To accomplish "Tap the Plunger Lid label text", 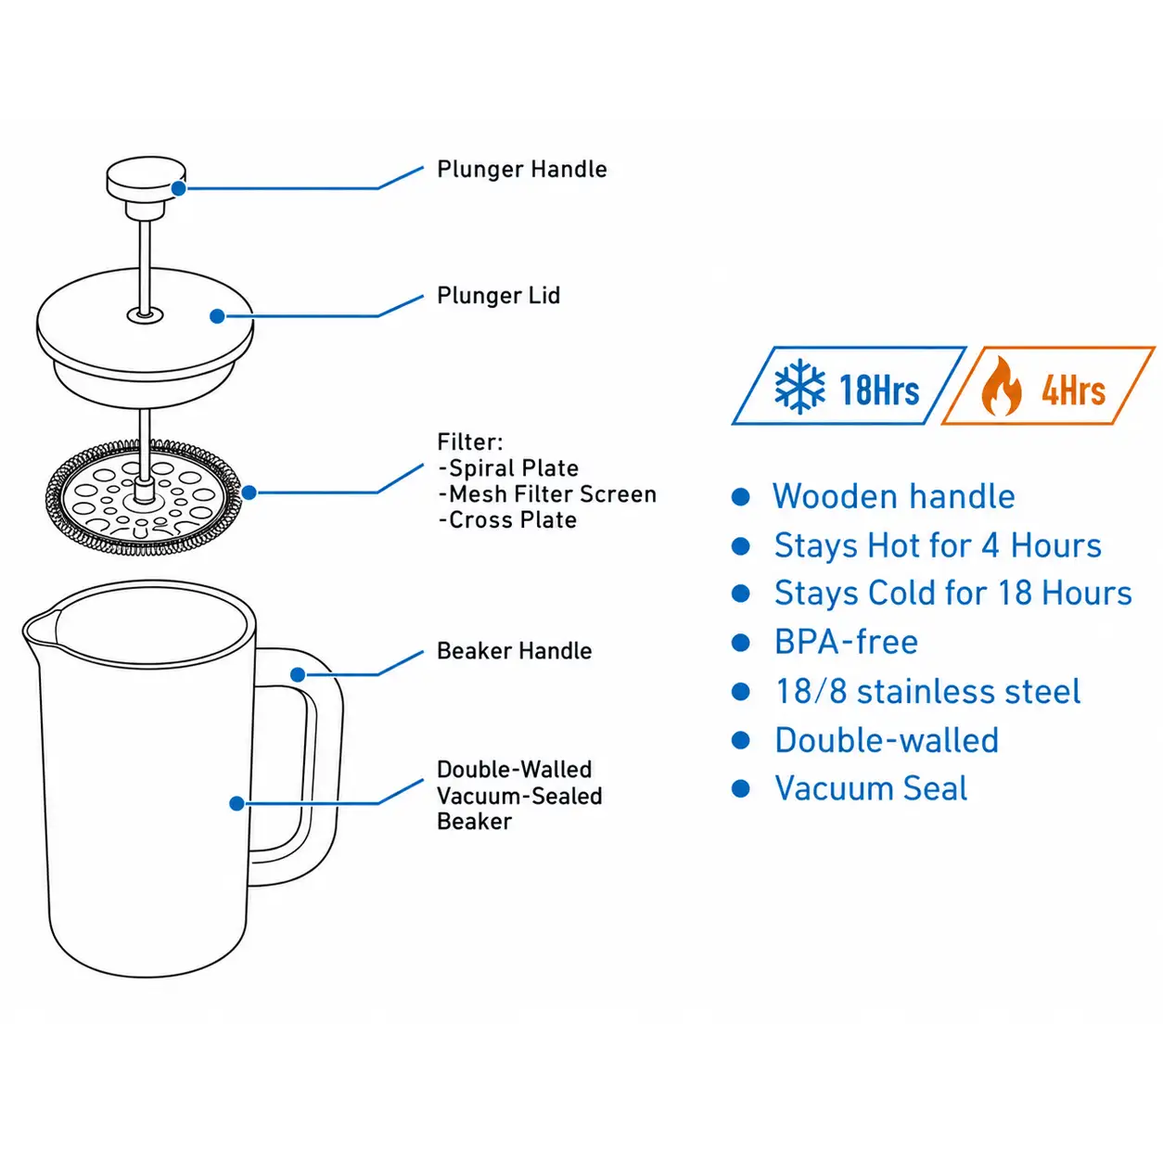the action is pyautogui.click(x=499, y=296).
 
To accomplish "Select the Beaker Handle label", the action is pyautogui.click(x=514, y=651).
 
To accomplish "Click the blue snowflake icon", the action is pyautogui.click(x=799, y=387).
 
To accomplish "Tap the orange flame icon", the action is pyautogui.click(x=1001, y=386).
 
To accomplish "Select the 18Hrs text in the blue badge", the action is pyautogui.click(x=879, y=390).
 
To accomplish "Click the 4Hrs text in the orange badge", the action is pyautogui.click(x=1074, y=390).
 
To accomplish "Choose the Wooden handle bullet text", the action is pyautogui.click(x=894, y=497).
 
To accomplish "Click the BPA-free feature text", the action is pyautogui.click(x=846, y=642).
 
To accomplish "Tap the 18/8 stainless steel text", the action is pyautogui.click(x=928, y=691).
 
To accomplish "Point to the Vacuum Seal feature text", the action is pyautogui.click(x=871, y=788).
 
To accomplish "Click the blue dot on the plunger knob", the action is pyautogui.click(x=179, y=189).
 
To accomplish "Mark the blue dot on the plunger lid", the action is pyautogui.click(x=217, y=316).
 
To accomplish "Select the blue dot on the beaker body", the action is pyautogui.click(x=237, y=803).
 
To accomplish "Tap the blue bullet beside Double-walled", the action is pyautogui.click(x=740, y=740).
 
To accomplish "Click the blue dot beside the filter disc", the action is pyautogui.click(x=249, y=493).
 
